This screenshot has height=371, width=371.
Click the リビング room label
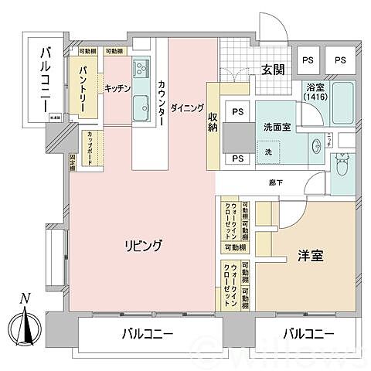coord(145,247)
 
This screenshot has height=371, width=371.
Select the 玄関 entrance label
coord(271,70)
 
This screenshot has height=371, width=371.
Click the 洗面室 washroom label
coord(276,127)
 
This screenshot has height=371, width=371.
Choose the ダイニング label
coord(188,108)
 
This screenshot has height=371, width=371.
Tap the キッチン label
coord(117,88)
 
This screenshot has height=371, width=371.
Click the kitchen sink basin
coord(141,106)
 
